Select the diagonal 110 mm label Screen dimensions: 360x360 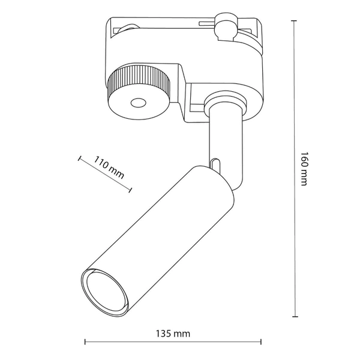coord(109,169)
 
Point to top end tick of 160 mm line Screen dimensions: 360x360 coord(294,20)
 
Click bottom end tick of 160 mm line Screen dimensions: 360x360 coord(294,317)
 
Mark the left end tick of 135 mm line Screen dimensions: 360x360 coord(85,342)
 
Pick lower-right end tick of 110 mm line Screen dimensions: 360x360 coord(131,191)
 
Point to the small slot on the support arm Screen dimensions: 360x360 coord(214,162)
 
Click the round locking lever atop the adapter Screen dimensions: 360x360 coord(227,28)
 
